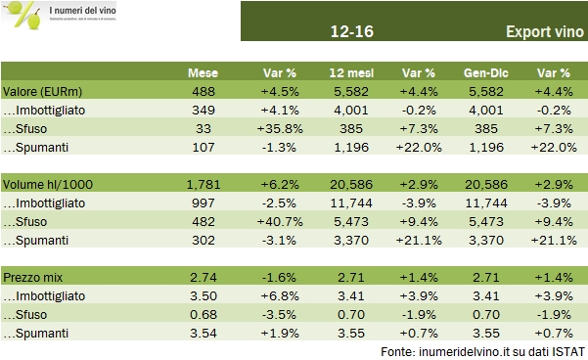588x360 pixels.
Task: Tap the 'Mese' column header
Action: coord(203,73)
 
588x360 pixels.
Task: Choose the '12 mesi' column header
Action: coord(347,73)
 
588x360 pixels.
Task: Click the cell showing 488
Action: coord(203,92)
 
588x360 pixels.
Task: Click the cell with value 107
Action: coord(203,147)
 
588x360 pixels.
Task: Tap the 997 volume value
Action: coord(203,202)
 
